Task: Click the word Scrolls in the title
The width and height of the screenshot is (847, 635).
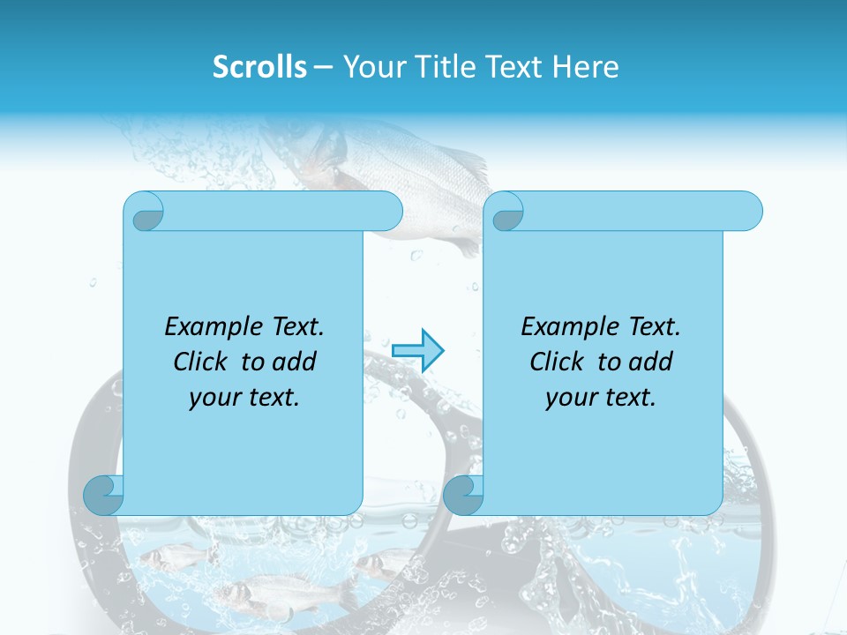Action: tap(259, 67)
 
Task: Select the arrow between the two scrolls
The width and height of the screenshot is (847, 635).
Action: tap(417, 350)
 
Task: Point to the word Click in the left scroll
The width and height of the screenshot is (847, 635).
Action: tap(202, 362)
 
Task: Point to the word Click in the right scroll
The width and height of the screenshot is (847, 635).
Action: tap(557, 362)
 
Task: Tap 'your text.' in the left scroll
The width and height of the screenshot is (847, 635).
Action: tap(244, 398)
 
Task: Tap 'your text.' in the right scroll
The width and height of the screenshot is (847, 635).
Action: tap(600, 398)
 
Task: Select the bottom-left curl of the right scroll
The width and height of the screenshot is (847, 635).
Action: tap(463, 494)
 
